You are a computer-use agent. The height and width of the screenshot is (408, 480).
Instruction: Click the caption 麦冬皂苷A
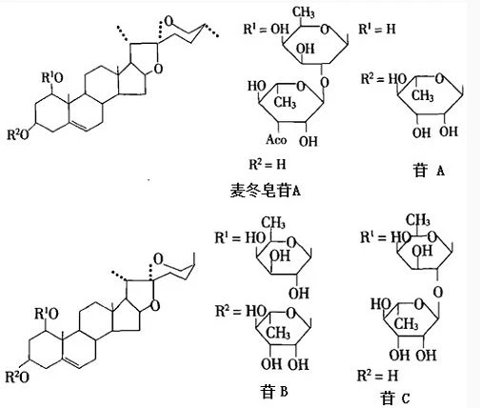266,191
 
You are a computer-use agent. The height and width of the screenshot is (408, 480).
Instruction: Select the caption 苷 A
429,170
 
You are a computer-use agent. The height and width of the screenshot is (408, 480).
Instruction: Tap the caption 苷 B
274,391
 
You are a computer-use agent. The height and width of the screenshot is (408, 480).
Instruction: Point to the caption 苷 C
395,398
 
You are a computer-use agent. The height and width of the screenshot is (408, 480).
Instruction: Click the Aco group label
276,139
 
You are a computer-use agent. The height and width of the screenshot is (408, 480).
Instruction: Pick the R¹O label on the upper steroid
52,77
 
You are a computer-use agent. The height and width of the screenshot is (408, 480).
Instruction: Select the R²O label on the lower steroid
17,377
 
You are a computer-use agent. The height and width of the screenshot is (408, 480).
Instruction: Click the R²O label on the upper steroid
18,134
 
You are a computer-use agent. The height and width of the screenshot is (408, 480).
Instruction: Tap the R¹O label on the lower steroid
47,314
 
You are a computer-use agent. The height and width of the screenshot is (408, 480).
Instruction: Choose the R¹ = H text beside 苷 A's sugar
377,29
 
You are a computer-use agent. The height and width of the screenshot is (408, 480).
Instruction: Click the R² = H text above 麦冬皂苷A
268,164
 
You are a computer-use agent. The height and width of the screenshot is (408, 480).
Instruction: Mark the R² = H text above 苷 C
377,376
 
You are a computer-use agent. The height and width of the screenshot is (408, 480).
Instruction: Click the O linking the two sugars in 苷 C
438,293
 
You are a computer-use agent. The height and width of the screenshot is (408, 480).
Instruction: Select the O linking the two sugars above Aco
325,82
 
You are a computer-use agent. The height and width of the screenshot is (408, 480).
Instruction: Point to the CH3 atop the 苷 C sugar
418,220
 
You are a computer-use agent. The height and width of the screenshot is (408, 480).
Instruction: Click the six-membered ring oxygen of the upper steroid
170,21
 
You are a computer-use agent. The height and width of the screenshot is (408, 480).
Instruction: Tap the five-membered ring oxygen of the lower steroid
155,306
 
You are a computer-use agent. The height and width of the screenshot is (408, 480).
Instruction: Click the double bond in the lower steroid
72,363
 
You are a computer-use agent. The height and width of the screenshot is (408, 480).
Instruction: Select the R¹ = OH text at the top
267,29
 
